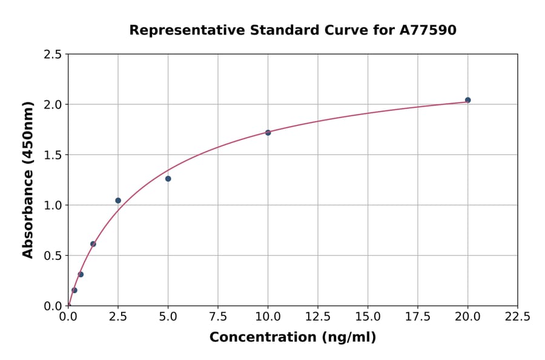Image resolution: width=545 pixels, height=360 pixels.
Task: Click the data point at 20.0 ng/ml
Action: coord(467,100)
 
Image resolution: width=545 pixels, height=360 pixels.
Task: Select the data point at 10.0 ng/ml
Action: coord(268,132)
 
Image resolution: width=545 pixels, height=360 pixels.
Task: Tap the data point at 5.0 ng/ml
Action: coord(168,179)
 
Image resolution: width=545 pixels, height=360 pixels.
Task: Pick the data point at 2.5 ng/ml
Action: coord(118,201)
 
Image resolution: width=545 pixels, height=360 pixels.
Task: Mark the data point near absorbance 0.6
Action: coord(93,244)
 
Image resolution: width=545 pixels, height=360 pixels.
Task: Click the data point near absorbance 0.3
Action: coord(81,275)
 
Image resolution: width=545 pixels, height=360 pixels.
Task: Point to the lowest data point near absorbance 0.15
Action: coord(74,290)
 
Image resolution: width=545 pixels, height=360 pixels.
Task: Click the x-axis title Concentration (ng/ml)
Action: coord(292,338)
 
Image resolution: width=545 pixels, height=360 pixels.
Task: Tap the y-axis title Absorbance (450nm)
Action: coord(28,179)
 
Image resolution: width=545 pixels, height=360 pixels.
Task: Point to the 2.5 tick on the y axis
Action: coord(53,55)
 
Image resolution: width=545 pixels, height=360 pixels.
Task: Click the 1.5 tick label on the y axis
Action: coord(53,155)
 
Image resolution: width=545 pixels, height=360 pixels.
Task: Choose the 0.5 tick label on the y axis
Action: coord(53,256)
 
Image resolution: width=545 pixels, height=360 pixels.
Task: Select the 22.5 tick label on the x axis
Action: coord(518,317)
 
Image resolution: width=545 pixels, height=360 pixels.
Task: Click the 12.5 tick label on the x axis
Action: coord(318,317)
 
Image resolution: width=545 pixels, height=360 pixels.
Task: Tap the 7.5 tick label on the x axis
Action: coord(218,317)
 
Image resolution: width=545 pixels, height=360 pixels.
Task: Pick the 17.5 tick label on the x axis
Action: coord(418,317)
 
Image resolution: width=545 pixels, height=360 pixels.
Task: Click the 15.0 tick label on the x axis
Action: coord(368,317)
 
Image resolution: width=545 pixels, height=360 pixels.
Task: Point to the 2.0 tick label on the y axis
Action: coord(53,105)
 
